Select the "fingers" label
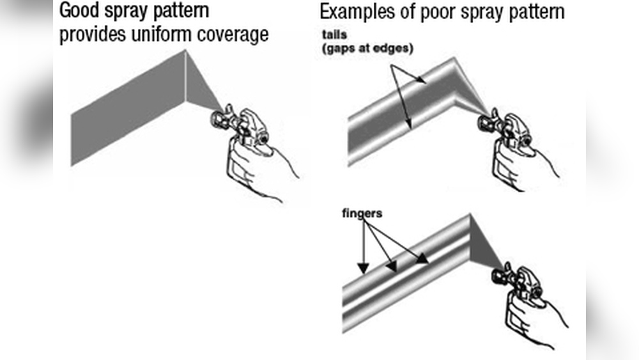pyautogui.click(x=362, y=213)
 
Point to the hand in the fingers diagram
pyautogui.click(x=534, y=320)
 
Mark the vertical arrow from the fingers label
pyautogui.click(x=363, y=249)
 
